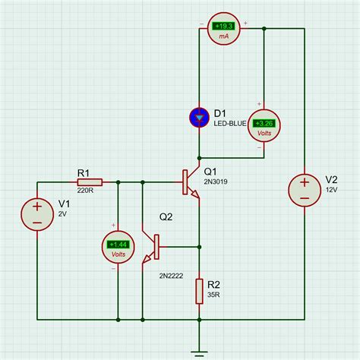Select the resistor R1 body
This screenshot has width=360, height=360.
click(84, 182)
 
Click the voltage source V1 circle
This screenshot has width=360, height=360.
click(36, 212)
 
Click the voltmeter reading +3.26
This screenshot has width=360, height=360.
click(264, 123)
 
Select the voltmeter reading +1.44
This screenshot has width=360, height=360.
click(118, 244)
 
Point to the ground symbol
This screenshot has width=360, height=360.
click(198, 351)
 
